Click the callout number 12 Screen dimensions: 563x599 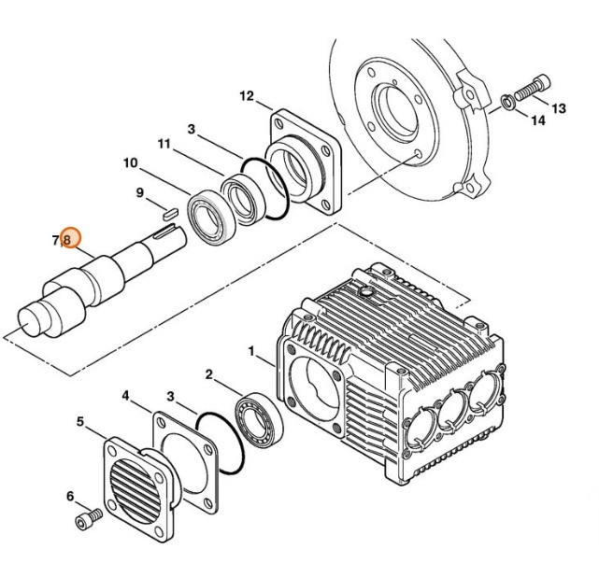[x=247, y=96]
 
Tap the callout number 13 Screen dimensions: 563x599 [x=558, y=108]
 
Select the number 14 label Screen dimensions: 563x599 [x=537, y=120]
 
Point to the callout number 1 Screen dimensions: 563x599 [x=250, y=350]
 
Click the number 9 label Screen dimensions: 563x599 [x=140, y=193]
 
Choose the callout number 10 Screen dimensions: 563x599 [x=130, y=162]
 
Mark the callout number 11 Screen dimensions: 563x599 [x=164, y=144]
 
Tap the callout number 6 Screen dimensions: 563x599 [x=69, y=496]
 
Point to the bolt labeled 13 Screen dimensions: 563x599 [x=527, y=88]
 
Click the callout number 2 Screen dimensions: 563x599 [x=209, y=374]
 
